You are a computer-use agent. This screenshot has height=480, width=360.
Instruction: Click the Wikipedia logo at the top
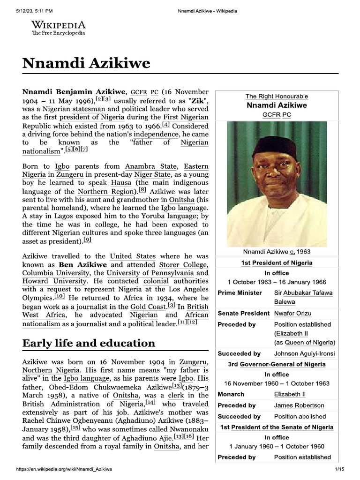(x=59, y=28)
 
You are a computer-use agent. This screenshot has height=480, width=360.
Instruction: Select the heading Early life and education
(x=89, y=343)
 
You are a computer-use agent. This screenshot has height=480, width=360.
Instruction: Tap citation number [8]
(x=142, y=190)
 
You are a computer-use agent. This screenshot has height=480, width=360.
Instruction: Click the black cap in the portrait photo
(x=274, y=146)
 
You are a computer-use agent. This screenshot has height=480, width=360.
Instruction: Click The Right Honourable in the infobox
(x=277, y=96)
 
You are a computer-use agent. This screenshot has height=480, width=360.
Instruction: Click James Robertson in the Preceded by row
(x=299, y=405)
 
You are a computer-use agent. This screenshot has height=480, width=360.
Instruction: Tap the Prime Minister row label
(x=240, y=292)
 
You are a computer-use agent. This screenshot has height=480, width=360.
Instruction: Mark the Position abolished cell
(x=300, y=416)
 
